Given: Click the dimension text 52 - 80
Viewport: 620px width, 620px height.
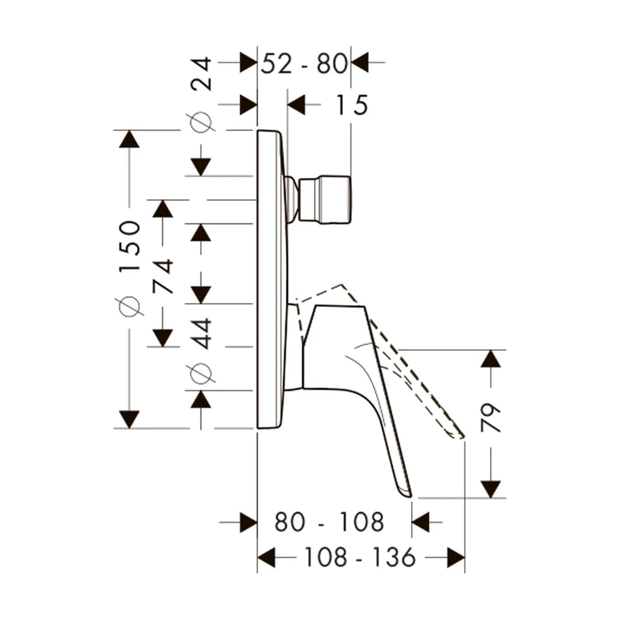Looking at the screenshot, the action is tap(304, 64).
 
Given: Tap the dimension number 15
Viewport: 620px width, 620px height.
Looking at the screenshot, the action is tap(352, 105).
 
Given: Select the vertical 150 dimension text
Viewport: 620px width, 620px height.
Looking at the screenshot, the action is tap(130, 247).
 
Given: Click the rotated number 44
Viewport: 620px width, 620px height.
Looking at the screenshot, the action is tap(202, 334).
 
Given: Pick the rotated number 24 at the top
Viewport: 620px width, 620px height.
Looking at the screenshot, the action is tap(202, 74).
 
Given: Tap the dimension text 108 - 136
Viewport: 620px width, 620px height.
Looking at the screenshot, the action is tap(360, 557).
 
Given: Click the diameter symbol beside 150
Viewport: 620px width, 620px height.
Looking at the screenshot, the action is tap(130, 306).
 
